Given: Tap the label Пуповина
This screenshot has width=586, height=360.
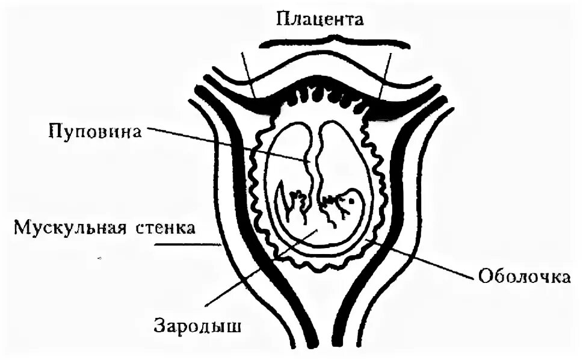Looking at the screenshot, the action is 96,131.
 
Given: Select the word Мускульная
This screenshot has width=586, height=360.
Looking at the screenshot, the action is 66,229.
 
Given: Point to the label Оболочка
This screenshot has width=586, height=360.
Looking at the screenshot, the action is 524,278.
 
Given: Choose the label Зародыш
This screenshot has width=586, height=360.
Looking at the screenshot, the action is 198,327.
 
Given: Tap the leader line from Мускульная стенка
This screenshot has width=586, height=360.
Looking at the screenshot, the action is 187,244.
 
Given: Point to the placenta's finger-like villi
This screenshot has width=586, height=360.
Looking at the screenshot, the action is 325,99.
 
